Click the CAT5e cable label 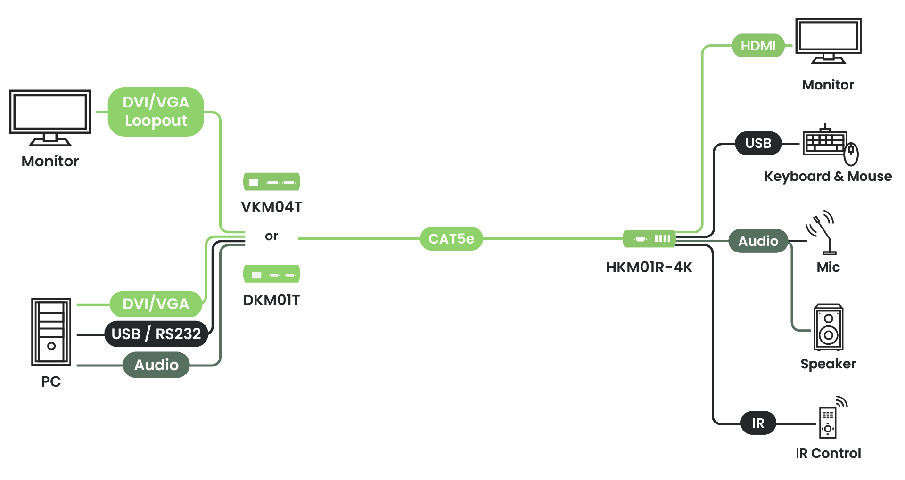click(x=451, y=239)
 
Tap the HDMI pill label click(x=758, y=46)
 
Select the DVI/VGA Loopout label click(x=156, y=112)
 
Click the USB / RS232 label click(x=156, y=334)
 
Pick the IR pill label click(x=758, y=423)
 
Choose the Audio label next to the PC click(x=156, y=365)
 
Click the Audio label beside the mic click(x=758, y=241)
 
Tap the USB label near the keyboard click(x=758, y=143)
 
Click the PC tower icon click(x=51, y=332)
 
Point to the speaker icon click(x=828, y=327)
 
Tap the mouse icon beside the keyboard click(x=851, y=154)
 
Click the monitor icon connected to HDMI click(x=828, y=41)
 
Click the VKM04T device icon click(x=271, y=182)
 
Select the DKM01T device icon click(x=271, y=274)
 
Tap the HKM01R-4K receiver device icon click(x=649, y=239)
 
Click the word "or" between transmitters click(x=271, y=236)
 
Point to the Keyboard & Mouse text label click(x=828, y=177)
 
